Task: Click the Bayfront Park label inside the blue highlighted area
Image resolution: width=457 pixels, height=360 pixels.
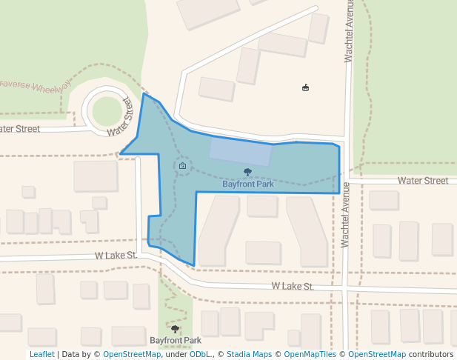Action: tap(247, 184)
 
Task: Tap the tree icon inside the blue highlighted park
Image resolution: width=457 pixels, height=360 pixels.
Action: tap(247, 173)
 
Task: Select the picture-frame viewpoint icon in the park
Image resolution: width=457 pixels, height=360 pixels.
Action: tap(182, 166)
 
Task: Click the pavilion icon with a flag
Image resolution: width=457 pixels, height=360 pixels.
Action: tap(305, 88)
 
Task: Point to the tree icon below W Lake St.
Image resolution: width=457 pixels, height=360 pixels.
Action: tap(176, 329)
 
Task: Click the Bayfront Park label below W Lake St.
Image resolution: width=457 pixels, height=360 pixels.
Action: tap(175, 341)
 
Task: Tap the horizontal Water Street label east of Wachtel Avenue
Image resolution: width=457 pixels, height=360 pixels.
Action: tap(422, 181)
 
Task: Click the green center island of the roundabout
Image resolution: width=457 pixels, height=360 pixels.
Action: tap(107, 110)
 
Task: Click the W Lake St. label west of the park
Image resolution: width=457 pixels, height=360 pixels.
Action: tap(116, 256)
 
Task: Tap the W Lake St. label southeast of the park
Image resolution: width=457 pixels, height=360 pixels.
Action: tap(293, 286)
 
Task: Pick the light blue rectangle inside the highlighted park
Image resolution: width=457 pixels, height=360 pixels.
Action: tap(240, 151)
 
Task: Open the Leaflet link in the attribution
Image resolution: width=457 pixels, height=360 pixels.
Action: tap(41, 354)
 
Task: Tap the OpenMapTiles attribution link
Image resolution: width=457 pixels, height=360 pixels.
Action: tap(310, 354)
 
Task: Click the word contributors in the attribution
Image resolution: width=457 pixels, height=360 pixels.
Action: tap(430, 354)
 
